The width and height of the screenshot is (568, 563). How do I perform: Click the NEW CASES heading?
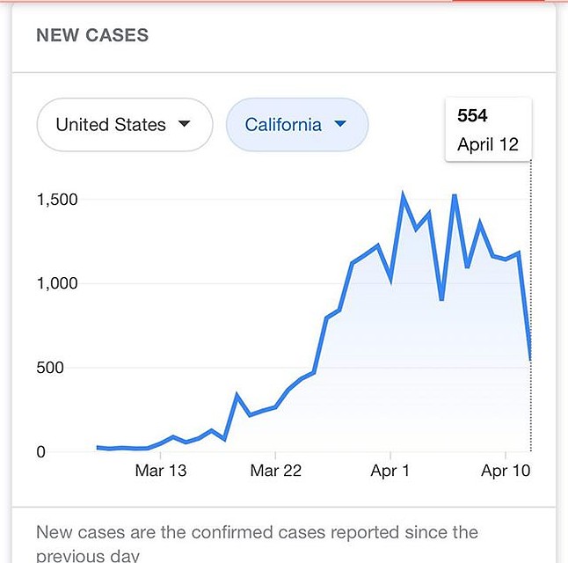coord(92,36)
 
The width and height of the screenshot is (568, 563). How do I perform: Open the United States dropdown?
coord(124,125)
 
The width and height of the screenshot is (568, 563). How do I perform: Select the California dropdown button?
coord(296,125)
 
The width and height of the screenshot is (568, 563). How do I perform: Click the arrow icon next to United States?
coord(184,124)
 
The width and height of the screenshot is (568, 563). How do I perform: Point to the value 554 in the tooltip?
coord(472,116)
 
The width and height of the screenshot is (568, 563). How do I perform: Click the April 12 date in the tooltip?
coord(488,145)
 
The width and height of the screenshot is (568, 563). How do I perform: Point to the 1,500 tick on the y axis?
coord(57,200)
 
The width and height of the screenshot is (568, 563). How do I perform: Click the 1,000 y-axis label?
coord(57,283)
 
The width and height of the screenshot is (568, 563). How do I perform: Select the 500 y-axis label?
coord(49,368)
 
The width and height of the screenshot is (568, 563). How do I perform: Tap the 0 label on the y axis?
coord(40,452)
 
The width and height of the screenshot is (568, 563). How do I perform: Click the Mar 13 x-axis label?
coord(161,472)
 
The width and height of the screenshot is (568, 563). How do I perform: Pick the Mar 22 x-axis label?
coord(276,472)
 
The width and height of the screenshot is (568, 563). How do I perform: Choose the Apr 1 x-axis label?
coord(390,472)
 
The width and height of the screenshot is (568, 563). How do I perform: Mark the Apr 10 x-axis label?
coord(506,472)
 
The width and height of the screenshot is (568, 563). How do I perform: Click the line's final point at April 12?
coord(530,359)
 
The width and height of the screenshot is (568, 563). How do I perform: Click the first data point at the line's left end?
coord(98,447)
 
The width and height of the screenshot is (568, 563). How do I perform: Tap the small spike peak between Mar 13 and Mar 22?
coord(237,395)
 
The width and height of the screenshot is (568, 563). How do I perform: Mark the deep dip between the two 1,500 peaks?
coord(441,299)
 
